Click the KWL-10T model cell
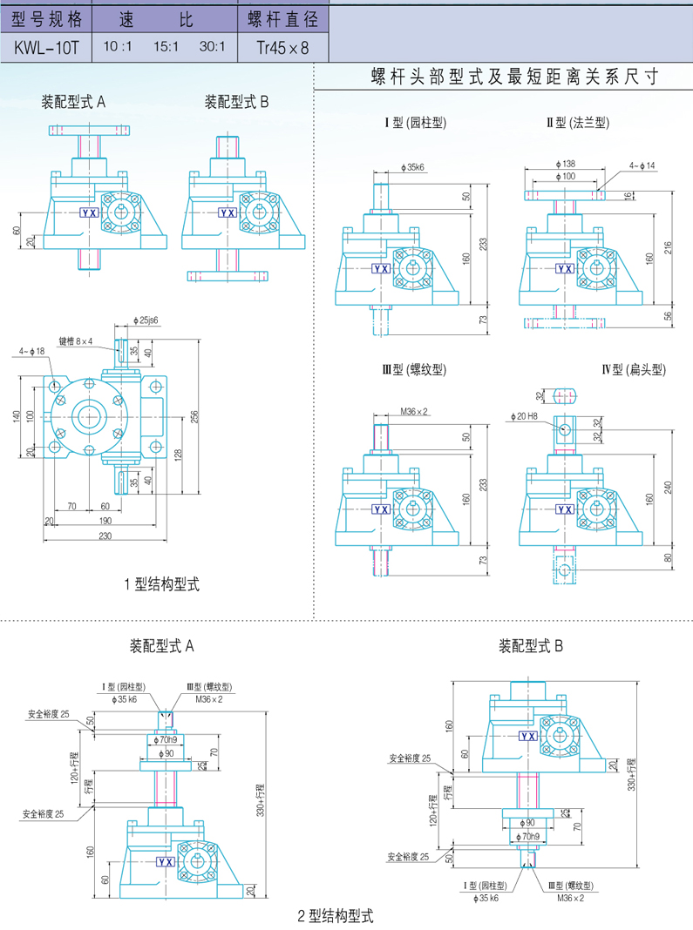[x=46, y=47]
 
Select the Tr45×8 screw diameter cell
[x=283, y=47]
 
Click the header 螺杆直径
[x=283, y=18]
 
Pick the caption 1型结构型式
[x=163, y=583]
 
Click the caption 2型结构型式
[x=335, y=916]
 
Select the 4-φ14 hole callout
[x=642, y=165]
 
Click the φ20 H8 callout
[x=533, y=416]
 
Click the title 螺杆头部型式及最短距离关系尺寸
[x=513, y=77]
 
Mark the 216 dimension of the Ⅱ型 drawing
[x=669, y=247]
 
